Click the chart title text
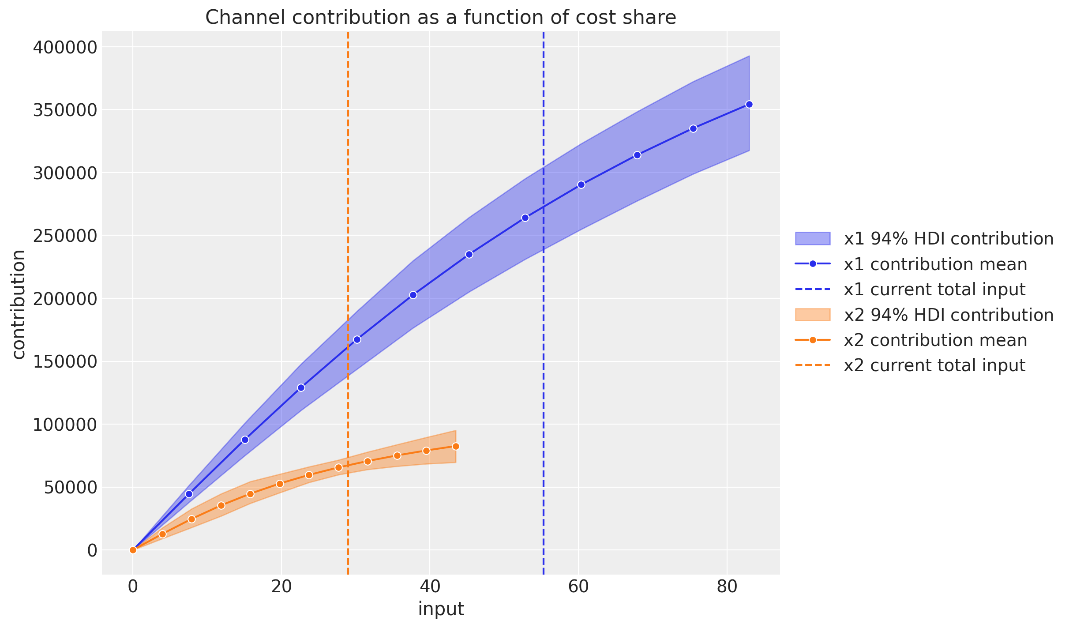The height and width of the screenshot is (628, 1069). [x=440, y=18]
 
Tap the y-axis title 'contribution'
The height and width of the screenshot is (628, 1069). [x=19, y=305]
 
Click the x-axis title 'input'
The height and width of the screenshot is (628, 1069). [x=441, y=609]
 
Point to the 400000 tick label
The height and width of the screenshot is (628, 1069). [x=65, y=47]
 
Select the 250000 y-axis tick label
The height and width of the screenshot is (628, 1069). [x=65, y=236]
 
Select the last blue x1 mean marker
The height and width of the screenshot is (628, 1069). [x=749, y=105]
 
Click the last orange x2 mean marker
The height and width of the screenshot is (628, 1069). [x=456, y=446]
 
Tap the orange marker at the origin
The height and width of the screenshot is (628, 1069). [x=133, y=550]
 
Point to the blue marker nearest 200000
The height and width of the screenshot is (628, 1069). [x=413, y=295]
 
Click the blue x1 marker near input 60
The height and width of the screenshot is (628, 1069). [x=581, y=184]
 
